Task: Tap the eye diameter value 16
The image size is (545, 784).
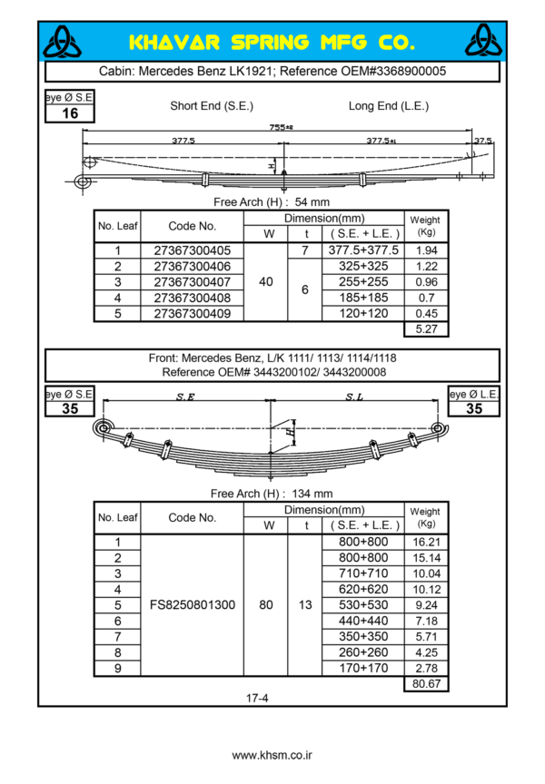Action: coord(70,113)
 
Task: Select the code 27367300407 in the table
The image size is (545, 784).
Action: coord(193,282)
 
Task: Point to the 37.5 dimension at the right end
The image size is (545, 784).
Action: coord(483,141)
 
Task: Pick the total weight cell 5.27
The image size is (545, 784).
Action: coord(426,329)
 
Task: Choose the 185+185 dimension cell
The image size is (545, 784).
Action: coord(362,298)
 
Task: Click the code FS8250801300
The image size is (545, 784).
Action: coord(192,604)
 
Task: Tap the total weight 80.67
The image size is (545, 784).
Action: coord(426,683)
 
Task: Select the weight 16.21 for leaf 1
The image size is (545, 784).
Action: coord(426,542)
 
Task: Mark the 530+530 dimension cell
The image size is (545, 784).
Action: coord(362,604)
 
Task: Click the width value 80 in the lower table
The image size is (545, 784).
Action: coord(266,604)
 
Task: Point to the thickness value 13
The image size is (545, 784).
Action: coord(305,604)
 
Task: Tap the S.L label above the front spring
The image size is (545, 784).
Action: coord(356,397)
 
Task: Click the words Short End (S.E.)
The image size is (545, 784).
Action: coord(210,106)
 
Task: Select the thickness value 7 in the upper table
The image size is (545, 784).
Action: coord(305,250)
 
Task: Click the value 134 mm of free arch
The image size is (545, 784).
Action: coord(314,494)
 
